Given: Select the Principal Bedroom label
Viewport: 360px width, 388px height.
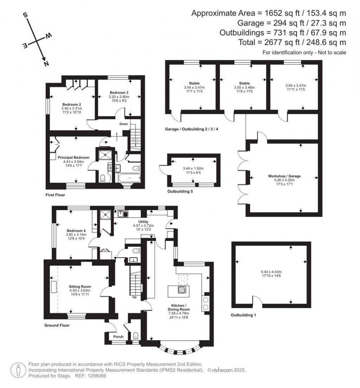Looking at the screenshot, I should (73, 157).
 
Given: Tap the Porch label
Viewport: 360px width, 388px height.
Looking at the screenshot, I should (118, 337).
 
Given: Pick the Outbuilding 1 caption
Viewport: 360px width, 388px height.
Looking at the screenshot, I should (243, 315).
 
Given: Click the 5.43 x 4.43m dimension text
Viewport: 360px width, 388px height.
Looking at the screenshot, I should (271, 272).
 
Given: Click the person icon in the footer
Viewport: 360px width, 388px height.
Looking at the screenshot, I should (18, 370).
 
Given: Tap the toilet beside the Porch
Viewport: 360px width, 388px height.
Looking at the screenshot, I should (136, 336).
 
